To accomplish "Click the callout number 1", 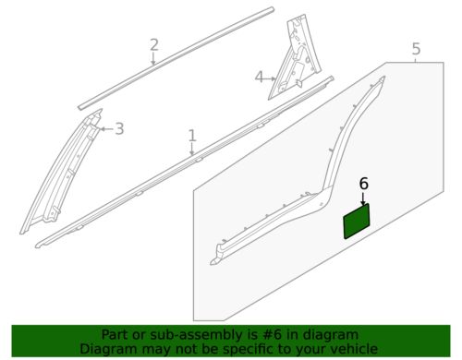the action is (192, 136).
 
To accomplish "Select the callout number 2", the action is (154, 45).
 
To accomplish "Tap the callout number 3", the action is (119, 128).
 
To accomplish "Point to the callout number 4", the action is (260, 77).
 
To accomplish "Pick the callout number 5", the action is (416, 49).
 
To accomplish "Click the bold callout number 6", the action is (364, 184).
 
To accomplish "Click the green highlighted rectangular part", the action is (357, 221).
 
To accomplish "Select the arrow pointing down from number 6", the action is (364, 198).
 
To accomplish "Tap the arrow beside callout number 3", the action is (106, 128).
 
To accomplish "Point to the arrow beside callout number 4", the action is (270, 78).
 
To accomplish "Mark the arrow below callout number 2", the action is (153, 58).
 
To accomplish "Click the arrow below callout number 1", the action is (192, 150).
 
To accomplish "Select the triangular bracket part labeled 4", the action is (294, 58).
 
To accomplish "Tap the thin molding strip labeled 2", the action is (176, 58).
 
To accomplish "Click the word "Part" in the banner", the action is (114, 335).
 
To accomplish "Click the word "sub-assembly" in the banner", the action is (182, 335).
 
